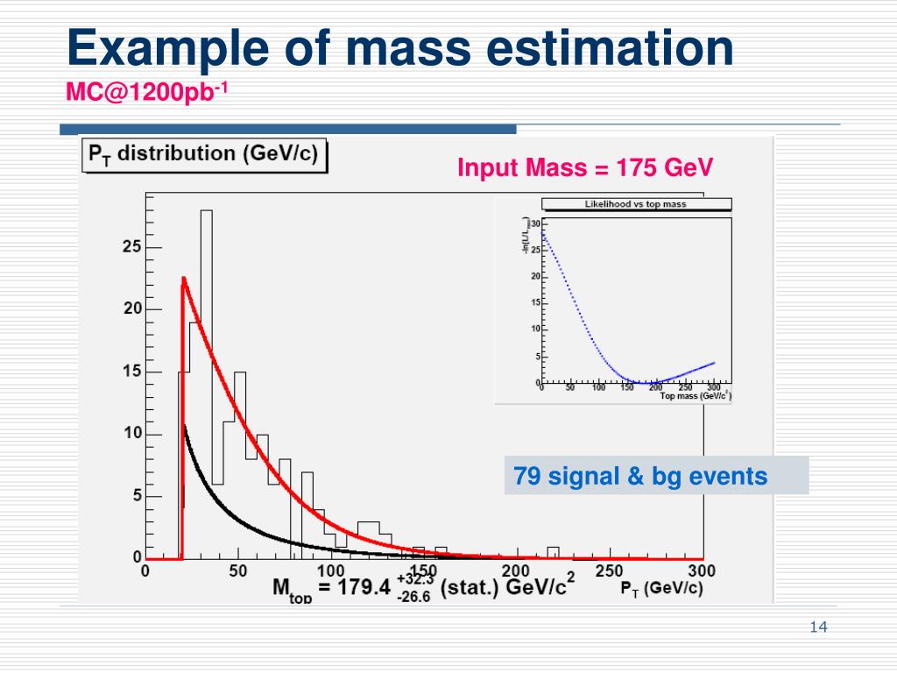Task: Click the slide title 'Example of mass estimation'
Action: point(399,48)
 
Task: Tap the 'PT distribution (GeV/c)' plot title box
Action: point(203,155)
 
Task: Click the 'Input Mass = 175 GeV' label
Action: point(585,167)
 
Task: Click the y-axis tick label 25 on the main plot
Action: point(131,247)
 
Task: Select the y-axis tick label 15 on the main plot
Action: point(131,372)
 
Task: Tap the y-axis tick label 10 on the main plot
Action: point(131,434)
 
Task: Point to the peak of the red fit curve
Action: point(184,279)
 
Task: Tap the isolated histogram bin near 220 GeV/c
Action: point(553,551)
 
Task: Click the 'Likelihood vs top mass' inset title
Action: point(636,204)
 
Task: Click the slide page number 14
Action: point(820,627)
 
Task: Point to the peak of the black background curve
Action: point(184,427)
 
